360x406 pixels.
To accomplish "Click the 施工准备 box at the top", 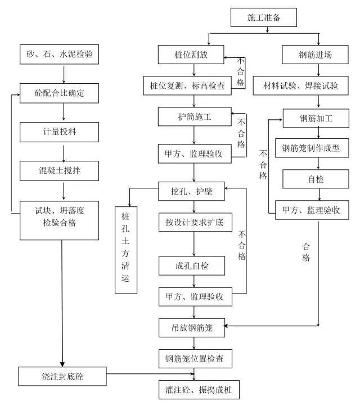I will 264,17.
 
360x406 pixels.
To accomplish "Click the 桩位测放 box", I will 192,55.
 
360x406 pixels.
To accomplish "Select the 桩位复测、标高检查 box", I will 192,85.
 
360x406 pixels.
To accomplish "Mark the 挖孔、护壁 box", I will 193,189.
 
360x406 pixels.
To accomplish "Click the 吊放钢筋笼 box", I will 192,326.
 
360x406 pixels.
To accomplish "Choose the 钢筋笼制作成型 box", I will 319,150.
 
